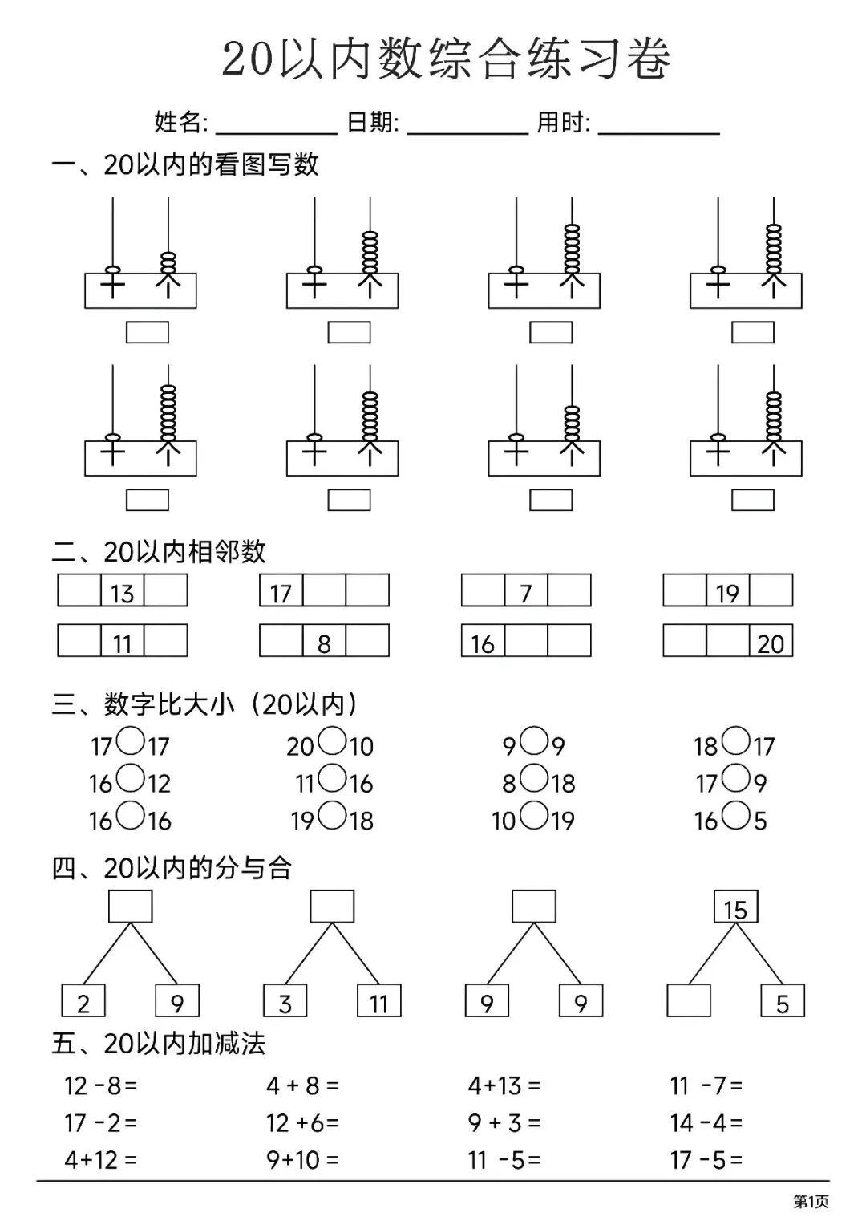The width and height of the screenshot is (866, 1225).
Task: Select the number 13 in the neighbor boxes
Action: [x=122, y=592]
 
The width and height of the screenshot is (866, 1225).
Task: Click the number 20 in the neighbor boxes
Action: [x=771, y=642]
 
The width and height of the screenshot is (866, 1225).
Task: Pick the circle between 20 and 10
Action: [x=330, y=742]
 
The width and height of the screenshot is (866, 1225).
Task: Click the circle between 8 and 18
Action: [x=533, y=779]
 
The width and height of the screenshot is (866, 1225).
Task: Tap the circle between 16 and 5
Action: [x=734, y=816]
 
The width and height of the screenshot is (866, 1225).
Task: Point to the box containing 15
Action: [x=735, y=907]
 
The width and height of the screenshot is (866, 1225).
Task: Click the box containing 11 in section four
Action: [x=378, y=1001]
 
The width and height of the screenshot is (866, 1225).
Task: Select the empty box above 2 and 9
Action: [x=130, y=907]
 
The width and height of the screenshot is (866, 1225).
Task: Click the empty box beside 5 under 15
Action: [x=688, y=1001]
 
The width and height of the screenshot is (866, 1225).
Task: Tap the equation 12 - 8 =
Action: [x=101, y=1086]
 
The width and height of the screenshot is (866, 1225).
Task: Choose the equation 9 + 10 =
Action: [x=302, y=1159]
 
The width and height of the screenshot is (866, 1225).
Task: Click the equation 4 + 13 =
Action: [x=504, y=1086]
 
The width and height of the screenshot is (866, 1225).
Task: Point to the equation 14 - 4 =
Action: [x=706, y=1122]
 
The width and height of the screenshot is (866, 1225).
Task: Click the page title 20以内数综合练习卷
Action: [x=446, y=59]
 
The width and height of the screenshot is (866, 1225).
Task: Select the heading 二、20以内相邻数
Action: [x=159, y=552]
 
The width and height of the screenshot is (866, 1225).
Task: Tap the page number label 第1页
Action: [x=810, y=1201]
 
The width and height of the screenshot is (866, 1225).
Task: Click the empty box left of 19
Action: [x=684, y=590]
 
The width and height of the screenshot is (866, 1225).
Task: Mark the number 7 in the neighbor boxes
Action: [x=525, y=592]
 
